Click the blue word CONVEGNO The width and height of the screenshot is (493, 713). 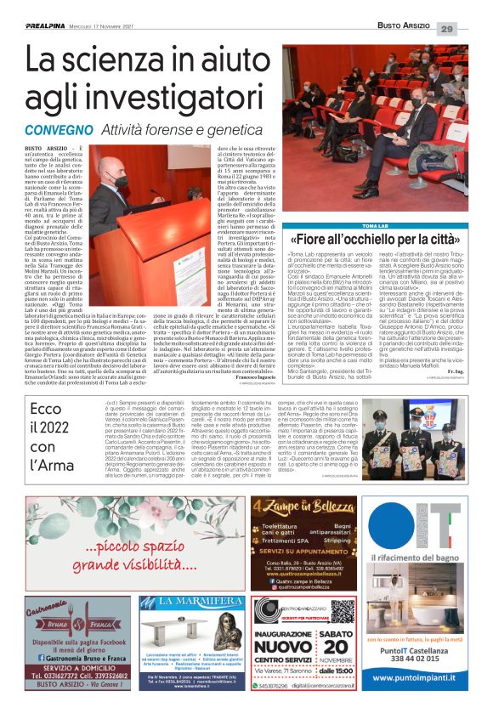point(59,131)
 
